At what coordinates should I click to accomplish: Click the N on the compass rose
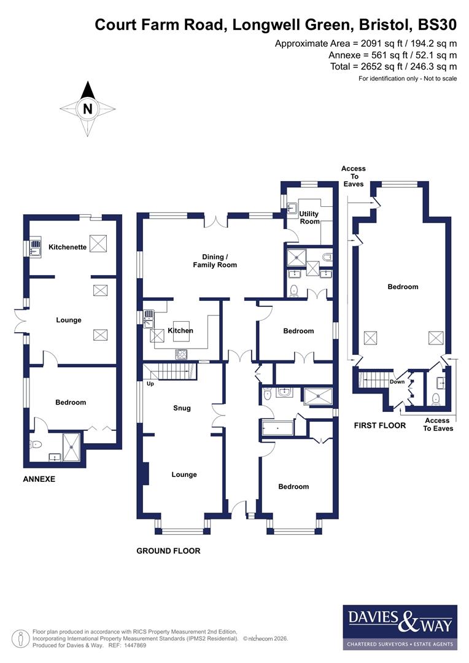click(88, 110)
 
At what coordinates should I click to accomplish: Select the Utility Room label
click(309, 217)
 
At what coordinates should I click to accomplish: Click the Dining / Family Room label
click(215, 260)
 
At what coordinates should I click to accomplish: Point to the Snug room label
click(182, 408)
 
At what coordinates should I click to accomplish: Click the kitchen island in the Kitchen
click(181, 326)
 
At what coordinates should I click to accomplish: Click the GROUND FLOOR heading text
click(168, 551)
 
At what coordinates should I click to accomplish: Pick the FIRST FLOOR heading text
click(379, 425)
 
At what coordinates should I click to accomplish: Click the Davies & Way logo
click(400, 627)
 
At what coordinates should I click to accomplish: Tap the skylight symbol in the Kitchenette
click(98, 243)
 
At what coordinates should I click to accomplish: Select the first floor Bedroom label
click(403, 287)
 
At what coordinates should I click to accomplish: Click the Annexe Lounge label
click(69, 320)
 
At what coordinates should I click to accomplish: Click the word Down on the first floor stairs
click(397, 381)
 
